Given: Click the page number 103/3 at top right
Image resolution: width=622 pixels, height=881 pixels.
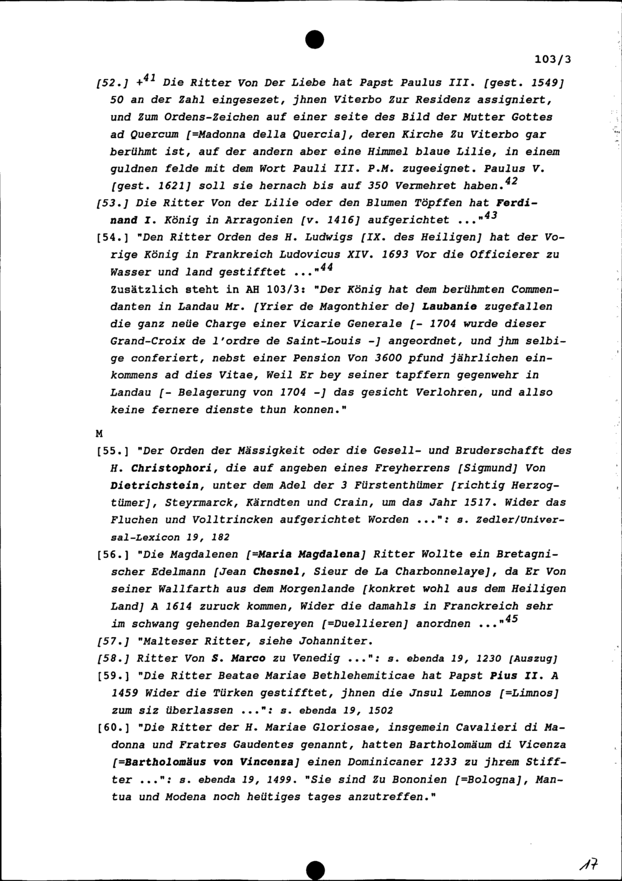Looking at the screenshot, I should (x=552, y=60).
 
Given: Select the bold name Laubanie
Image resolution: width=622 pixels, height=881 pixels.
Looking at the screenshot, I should (x=450, y=306).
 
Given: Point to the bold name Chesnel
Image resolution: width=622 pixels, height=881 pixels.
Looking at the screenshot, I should (x=278, y=571).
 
